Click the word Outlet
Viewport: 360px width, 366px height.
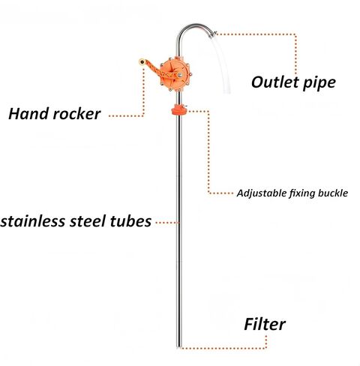click(x=275, y=82)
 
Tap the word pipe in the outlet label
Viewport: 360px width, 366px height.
click(x=319, y=83)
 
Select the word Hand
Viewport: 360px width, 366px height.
click(x=28, y=114)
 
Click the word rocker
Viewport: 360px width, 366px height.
click(x=76, y=114)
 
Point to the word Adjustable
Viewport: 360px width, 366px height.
click(x=262, y=193)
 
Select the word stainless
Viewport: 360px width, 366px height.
click(x=33, y=221)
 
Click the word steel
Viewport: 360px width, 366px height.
click(x=88, y=221)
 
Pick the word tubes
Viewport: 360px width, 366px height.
click(x=130, y=221)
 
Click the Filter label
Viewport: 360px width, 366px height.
click(x=265, y=324)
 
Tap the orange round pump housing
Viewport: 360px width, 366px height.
click(x=175, y=73)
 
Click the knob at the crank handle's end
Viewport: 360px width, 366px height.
click(x=142, y=61)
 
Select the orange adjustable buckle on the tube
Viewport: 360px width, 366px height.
click(x=178, y=109)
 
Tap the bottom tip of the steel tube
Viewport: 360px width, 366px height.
click(x=178, y=347)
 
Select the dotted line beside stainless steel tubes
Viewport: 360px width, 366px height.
click(x=167, y=222)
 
